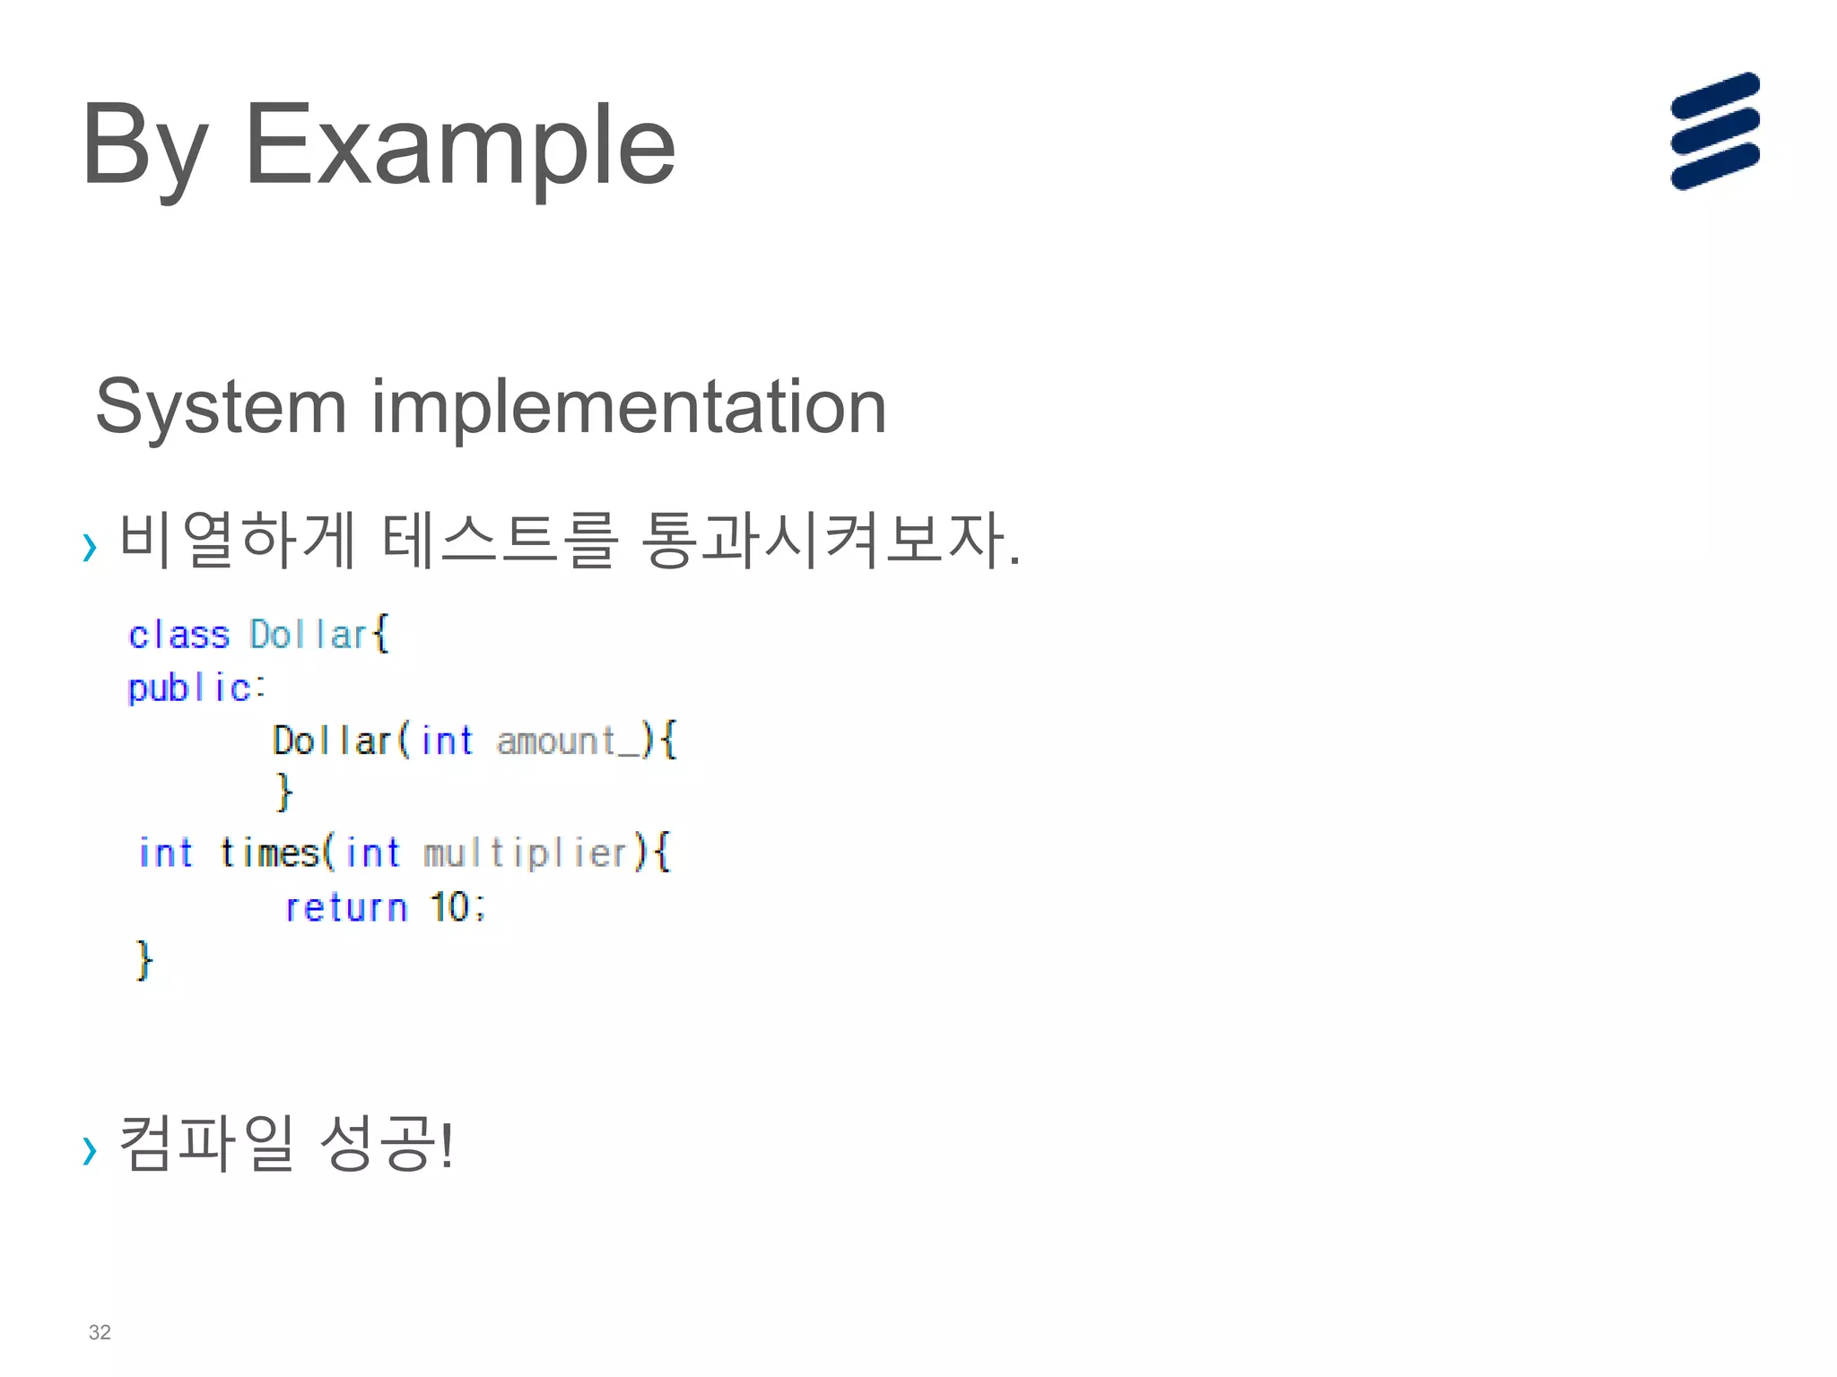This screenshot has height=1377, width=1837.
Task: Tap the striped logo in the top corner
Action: coord(1714,131)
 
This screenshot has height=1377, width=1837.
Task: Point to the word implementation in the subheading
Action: coord(629,407)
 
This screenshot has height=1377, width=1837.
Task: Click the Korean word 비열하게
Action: coord(238,540)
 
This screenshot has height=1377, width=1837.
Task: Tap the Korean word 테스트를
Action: coord(500,540)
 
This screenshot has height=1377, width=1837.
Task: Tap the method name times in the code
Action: coord(270,853)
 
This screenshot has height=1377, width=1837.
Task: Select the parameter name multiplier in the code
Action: coord(526,853)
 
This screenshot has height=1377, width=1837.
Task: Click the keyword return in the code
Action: coord(346,907)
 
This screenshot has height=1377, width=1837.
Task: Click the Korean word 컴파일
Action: coord(206,1144)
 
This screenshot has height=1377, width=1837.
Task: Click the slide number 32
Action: coord(100,1332)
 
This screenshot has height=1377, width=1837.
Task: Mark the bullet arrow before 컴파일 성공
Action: coord(89,1150)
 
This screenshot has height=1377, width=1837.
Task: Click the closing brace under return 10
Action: coord(144,960)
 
